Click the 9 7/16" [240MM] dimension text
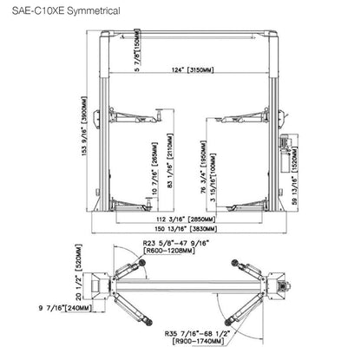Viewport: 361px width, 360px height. [66, 306]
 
